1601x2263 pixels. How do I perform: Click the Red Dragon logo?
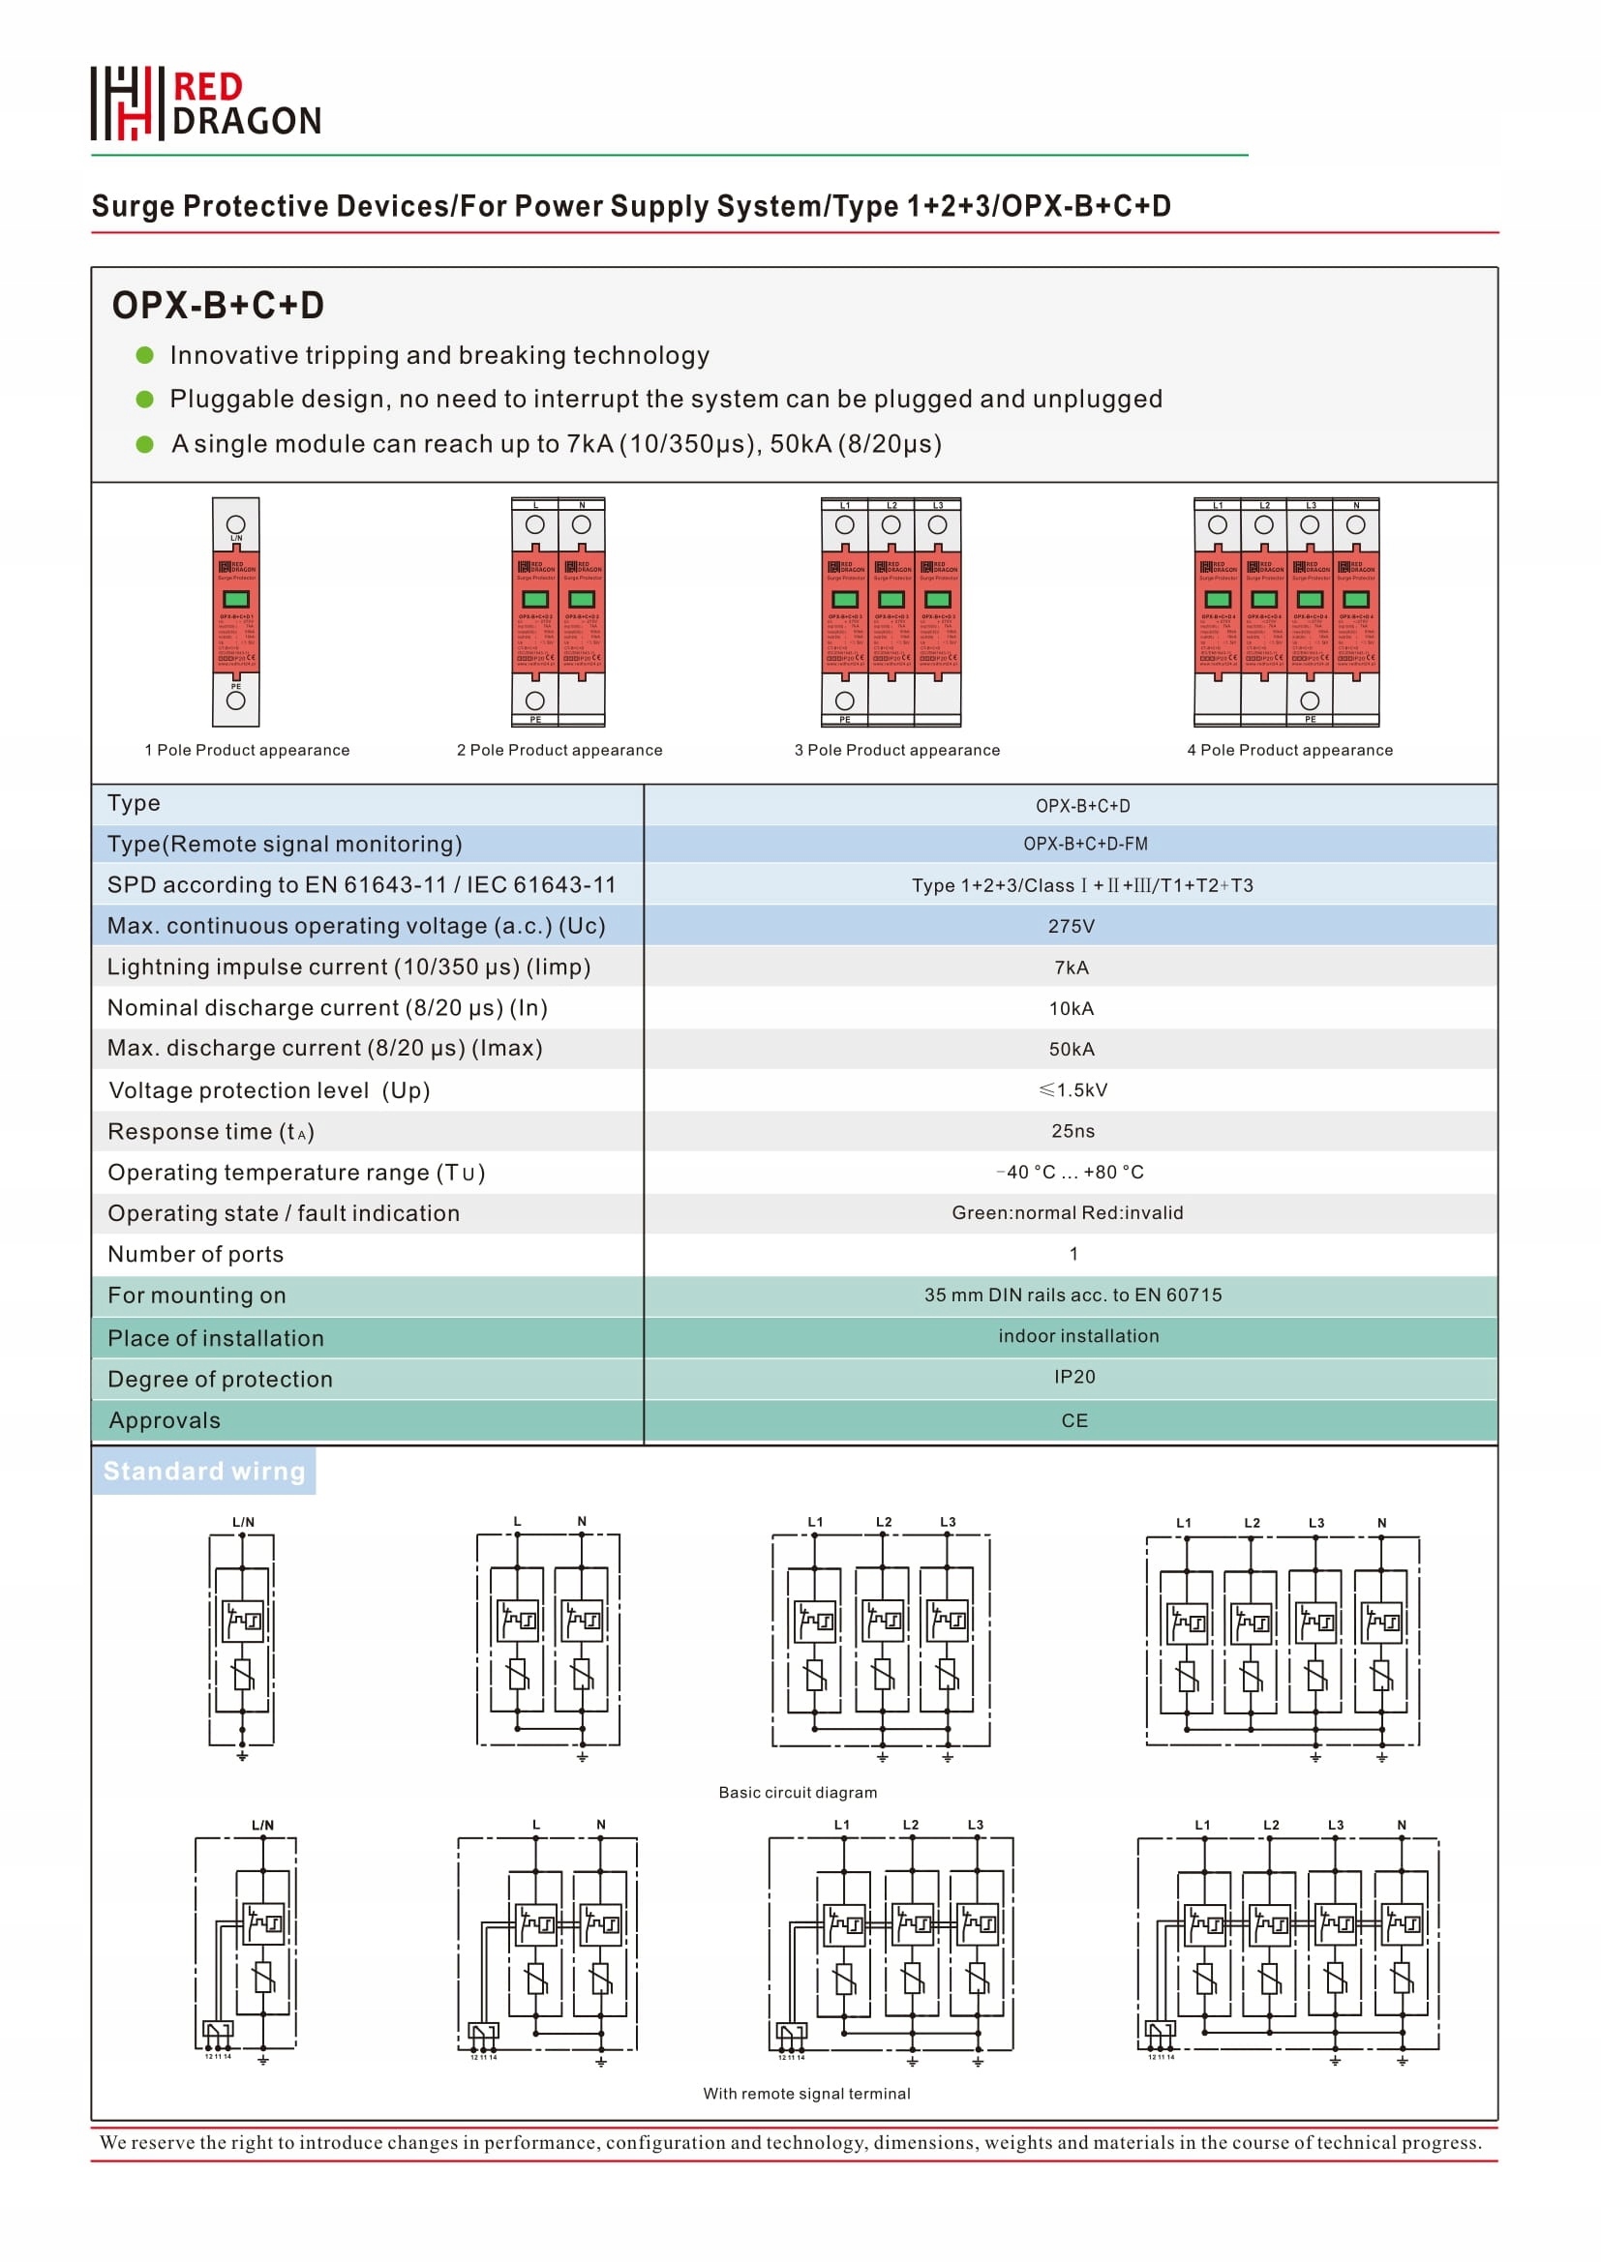206,104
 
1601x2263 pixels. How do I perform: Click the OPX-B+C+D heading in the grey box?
218,306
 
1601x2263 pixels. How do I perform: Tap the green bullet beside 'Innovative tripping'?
145,356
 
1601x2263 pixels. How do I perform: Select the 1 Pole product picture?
235,612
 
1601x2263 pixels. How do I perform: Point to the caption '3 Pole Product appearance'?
897,751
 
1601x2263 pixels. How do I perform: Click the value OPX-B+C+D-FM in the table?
1085,845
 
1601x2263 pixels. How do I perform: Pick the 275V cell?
1072,927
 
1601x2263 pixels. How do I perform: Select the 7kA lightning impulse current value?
1072,968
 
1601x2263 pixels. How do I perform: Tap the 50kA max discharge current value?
1072,1050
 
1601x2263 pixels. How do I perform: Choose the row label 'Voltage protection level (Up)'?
269,1091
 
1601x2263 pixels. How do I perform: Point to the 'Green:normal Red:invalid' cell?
1068,1213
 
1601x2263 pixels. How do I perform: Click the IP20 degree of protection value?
1074,1377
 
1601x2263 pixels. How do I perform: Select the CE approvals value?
1074,1421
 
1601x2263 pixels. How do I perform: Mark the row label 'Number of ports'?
196,1255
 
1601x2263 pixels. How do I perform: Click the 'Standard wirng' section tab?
204,1472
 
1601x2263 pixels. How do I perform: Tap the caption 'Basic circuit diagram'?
798,1793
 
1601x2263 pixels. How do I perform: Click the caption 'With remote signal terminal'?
806,2094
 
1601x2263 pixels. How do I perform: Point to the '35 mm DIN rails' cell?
1072,1295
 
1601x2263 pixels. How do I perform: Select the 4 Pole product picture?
1286,612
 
